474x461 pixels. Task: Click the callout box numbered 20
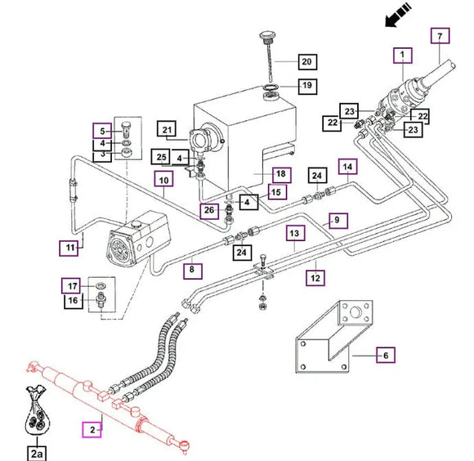coord(307,62)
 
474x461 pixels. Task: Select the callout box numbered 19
coord(307,86)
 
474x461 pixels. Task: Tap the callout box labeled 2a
coord(37,453)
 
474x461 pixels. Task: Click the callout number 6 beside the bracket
coord(386,356)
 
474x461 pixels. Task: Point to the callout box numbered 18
coord(281,175)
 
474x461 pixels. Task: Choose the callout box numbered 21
coord(167,129)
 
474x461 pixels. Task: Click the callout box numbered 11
coord(69,248)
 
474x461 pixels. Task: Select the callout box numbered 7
coord(440,36)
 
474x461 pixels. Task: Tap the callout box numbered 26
coord(209,211)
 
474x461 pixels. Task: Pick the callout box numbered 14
coord(348,167)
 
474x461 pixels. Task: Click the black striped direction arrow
coord(398,15)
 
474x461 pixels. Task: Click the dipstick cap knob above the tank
coord(266,36)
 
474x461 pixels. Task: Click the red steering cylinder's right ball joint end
coord(184,445)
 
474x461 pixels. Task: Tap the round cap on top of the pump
coord(136,224)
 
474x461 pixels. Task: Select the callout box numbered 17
coord(71,285)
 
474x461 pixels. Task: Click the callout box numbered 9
coord(338,221)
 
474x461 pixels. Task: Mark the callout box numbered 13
coord(295,233)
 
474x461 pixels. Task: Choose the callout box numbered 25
coord(161,157)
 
